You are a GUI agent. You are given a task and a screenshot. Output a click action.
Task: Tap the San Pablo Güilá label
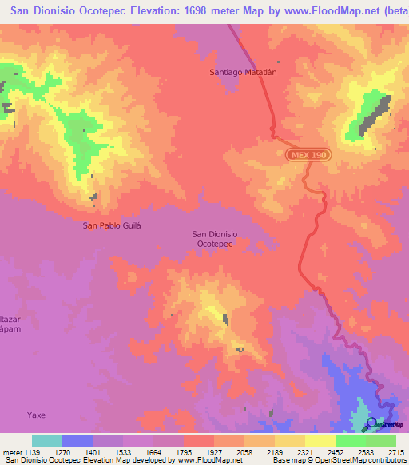112,225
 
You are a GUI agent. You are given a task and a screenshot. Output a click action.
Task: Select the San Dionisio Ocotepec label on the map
213,239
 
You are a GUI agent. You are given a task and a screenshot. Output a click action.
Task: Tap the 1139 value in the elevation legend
32,452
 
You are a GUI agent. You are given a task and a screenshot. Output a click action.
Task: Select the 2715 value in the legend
395,452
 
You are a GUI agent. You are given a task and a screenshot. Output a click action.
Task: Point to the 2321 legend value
305,452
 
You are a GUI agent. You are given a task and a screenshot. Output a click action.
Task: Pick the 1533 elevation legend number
123,452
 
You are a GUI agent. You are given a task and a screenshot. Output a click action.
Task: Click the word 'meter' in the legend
10,452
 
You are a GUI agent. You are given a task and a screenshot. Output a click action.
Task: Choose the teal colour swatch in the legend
46,440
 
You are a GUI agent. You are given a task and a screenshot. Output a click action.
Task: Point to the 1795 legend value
184,452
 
